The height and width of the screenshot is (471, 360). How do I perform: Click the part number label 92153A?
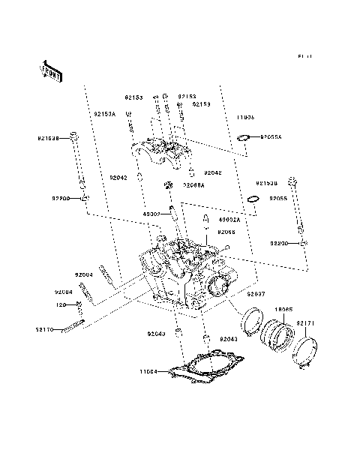pos(104,113)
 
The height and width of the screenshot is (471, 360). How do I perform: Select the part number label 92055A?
pos(271,138)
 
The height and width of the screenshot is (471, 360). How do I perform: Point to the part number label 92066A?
pos(193,184)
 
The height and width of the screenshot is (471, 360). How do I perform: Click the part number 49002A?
pos(229,220)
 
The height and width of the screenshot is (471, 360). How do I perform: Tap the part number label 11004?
pos(149,371)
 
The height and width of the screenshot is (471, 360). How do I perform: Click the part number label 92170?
pos(44,328)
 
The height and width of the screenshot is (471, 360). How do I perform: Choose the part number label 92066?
pos(226,232)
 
